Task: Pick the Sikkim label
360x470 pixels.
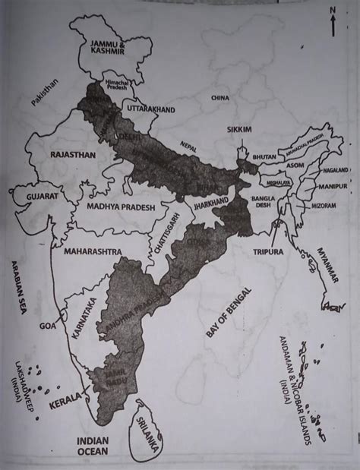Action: (239, 131)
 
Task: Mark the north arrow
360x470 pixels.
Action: (332, 21)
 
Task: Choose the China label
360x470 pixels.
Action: (221, 99)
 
